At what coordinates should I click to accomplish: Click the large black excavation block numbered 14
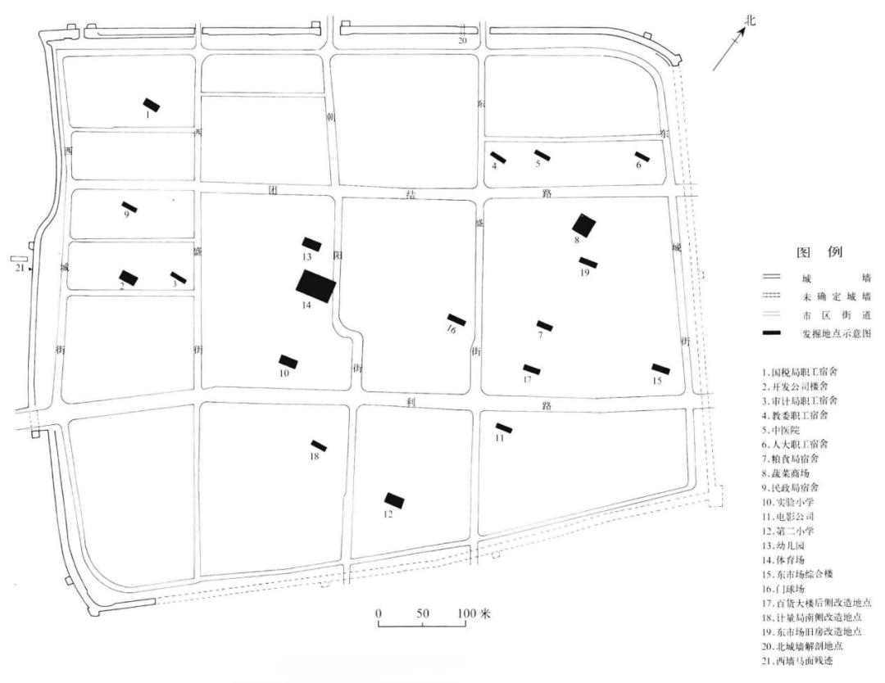click(316, 285)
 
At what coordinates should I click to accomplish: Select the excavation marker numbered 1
click(152, 105)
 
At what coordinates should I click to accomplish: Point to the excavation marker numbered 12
click(394, 500)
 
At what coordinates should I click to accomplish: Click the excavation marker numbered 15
click(660, 369)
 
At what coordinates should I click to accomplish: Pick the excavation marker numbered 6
click(642, 156)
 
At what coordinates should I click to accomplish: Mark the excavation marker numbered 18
click(319, 446)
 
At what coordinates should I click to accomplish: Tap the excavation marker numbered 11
click(504, 427)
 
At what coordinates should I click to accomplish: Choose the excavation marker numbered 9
click(129, 206)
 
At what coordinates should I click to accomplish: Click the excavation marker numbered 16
click(456, 319)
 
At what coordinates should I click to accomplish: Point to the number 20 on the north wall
click(462, 39)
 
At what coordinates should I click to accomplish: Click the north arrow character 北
click(747, 20)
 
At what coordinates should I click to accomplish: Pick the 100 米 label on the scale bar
click(474, 613)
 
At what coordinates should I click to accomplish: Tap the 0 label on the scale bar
click(379, 613)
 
